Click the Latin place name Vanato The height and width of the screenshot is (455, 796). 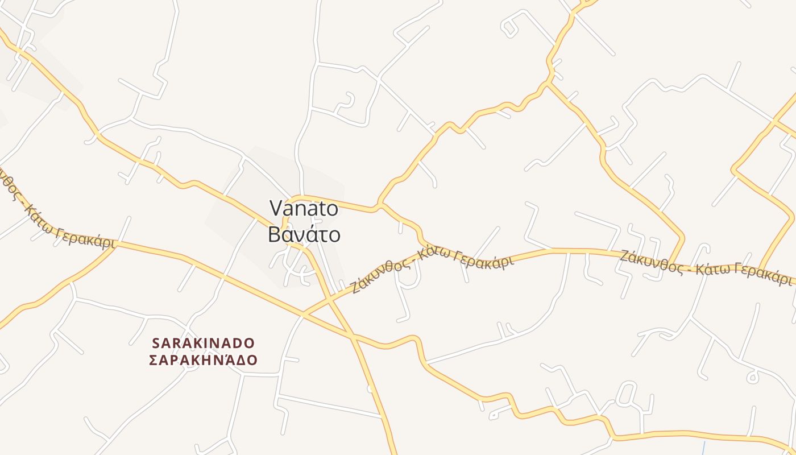pos(304,208)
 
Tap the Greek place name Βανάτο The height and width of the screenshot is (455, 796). pos(304,234)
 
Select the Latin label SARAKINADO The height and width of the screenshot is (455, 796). pos(204,343)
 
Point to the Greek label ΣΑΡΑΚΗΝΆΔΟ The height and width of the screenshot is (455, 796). pos(204,360)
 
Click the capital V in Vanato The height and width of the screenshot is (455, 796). pos(276,208)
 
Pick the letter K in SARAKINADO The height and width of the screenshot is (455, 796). pos(201,343)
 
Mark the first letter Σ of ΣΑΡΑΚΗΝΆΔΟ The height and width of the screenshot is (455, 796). pos(153,360)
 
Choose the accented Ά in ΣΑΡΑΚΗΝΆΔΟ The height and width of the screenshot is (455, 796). pos(226,359)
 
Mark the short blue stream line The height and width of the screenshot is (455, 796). pos(703,448)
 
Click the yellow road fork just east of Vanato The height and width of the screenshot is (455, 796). pos(380,204)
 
